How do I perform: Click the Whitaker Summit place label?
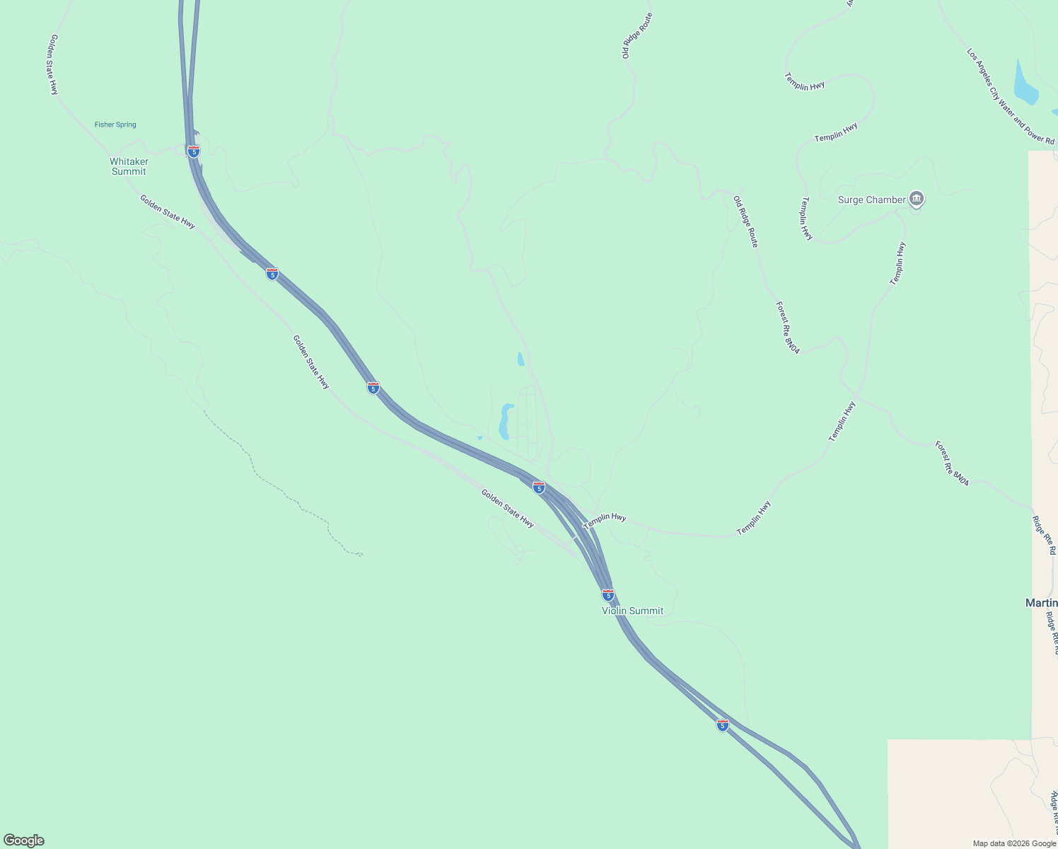click(x=129, y=166)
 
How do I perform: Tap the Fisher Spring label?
click(x=115, y=125)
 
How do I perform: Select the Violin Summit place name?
click(x=632, y=611)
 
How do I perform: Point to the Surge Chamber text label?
click(x=871, y=200)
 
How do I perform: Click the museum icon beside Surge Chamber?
click(x=917, y=200)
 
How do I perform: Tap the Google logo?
click(x=24, y=841)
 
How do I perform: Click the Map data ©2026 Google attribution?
click(x=1014, y=843)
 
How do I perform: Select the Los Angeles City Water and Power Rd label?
click(x=1010, y=96)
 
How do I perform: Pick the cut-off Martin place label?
click(x=1041, y=603)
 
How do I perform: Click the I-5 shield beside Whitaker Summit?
click(x=193, y=151)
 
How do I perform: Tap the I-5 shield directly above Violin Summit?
click(x=608, y=594)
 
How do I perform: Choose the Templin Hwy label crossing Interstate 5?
click(x=605, y=521)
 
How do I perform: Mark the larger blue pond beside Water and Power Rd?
click(x=1025, y=84)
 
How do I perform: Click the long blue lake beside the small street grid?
click(x=505, y=422)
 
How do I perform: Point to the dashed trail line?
click(x=283, y=488)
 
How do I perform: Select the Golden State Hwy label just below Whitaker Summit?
click(x=167, y=211)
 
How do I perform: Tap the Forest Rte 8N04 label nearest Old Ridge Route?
click(x=787, y=328)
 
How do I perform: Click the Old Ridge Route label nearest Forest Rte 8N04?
click(x=745, y=221)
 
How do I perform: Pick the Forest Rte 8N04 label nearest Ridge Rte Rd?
click(x=951, y=463)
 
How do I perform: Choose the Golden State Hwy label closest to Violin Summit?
click(x=507, y=508)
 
